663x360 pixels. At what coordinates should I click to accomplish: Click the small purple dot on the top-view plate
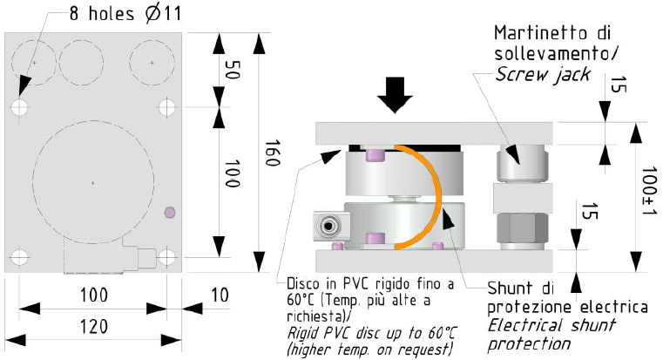[x=170, y=212]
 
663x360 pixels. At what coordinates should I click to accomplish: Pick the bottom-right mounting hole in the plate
[x=167, y=257]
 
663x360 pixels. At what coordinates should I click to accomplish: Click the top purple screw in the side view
[x=373, y=156]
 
